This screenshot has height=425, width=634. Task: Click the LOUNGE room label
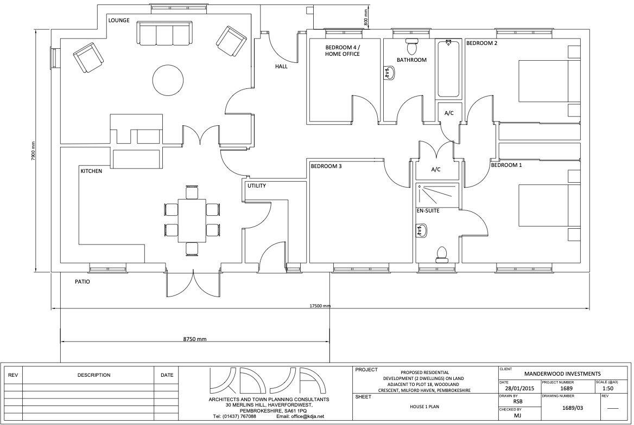(x=118, y=21)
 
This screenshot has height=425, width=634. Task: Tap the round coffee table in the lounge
(x=168, y=80)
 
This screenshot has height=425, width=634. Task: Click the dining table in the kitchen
(x=192, y=220)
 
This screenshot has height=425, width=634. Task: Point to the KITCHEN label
(x=91, y=171)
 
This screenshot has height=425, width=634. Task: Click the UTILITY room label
(x=256, y=186)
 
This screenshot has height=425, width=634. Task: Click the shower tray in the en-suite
(x=436, y=196)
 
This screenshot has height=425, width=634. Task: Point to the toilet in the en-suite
(x=442, y=254)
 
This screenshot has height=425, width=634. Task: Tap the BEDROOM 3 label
(x=326, y=166)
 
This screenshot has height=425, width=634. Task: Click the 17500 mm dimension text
(x=320, y=306)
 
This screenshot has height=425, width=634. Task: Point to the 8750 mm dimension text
(x=195, y=339)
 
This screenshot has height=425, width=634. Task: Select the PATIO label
(x=83, y=282)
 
